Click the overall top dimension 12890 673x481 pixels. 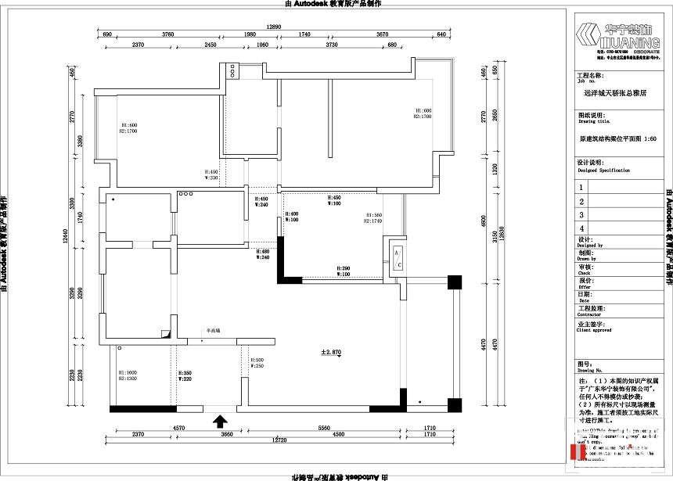[x=273, y=27]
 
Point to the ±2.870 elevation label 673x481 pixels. [x=331, y=353]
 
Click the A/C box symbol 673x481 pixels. [x=398, y=260]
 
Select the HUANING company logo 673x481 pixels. [x=618, y=36]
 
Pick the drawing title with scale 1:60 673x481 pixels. [x=617, y=138]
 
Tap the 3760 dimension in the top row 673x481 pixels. [x=167, y=34]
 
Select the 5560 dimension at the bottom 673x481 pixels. [x=323, y=428]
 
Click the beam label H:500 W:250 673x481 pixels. [x=256, y=363]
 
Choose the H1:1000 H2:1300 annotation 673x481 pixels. [x=128, y=375]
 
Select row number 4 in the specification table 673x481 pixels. [x=581, y=228]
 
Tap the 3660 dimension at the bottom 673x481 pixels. [x=226, y=434]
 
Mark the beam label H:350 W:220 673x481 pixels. [x=185, y=376]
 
